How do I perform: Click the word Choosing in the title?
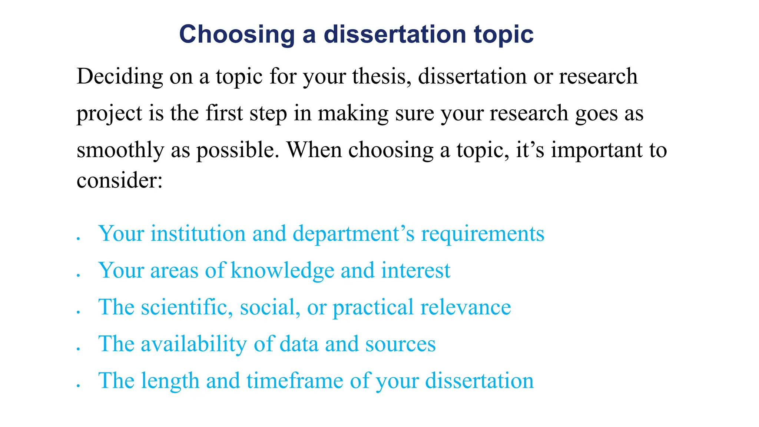pos(237,34)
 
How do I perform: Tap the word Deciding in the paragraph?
pos(120,77)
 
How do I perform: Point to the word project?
pos(109,114)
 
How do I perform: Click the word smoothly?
pos(120,151)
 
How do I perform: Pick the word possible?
pos(238,151)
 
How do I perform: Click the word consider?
pos(119,181)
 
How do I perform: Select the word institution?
pos(198,234)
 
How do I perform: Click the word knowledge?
pos(282,271)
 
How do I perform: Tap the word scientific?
pos(187,307)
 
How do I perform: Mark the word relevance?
pos(465,307)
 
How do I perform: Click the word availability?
pos(193,344)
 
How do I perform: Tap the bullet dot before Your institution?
pos(78,239)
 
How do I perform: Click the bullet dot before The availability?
pos(78,349)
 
